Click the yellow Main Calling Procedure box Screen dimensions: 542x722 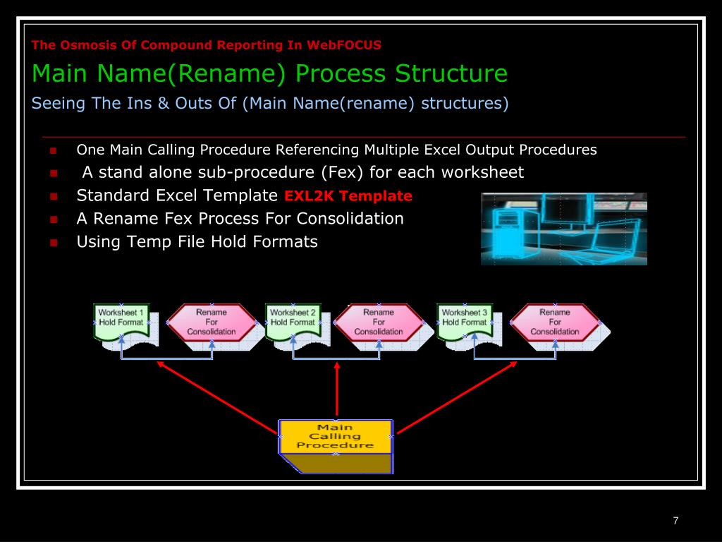(x=336, y=437)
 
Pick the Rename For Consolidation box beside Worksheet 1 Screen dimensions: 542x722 (x=212, y=322)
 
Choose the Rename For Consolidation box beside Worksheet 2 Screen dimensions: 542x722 (x=379, y=322)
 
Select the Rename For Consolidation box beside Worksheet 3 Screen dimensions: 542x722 (x=555, y=322)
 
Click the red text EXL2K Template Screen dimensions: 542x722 (x=348, y=196)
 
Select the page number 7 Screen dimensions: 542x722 (x=675, y=521)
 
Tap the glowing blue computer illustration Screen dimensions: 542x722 (x=563, y=229)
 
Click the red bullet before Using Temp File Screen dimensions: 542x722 (x=53, y=242)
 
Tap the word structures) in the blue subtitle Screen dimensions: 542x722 (x=465, y=103)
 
